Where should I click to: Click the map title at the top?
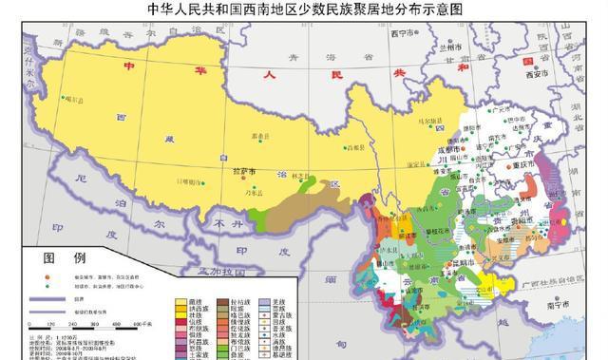(x=304, y=10)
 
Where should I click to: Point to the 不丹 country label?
(x=227, y=225)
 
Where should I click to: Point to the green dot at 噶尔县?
(x=61, y=97)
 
